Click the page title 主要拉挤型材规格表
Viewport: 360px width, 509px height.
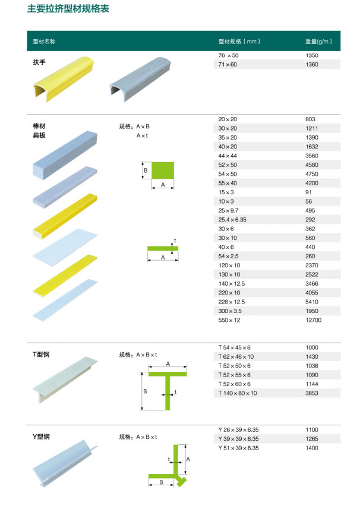coord(68,9)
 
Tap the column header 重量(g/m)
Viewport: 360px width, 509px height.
coord(318,42)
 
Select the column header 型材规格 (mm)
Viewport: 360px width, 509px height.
coord(239,42)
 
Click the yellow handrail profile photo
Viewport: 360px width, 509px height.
coord(64,79)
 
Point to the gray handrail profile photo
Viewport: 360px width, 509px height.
coord(140,79)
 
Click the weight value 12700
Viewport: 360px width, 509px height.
coord(313,320)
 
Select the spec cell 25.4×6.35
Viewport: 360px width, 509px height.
coord(232,220)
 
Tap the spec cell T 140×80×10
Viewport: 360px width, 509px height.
coord(238,393)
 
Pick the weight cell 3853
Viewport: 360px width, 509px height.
coord(312,393)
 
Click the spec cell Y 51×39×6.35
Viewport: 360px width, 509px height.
coord(239,448)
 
